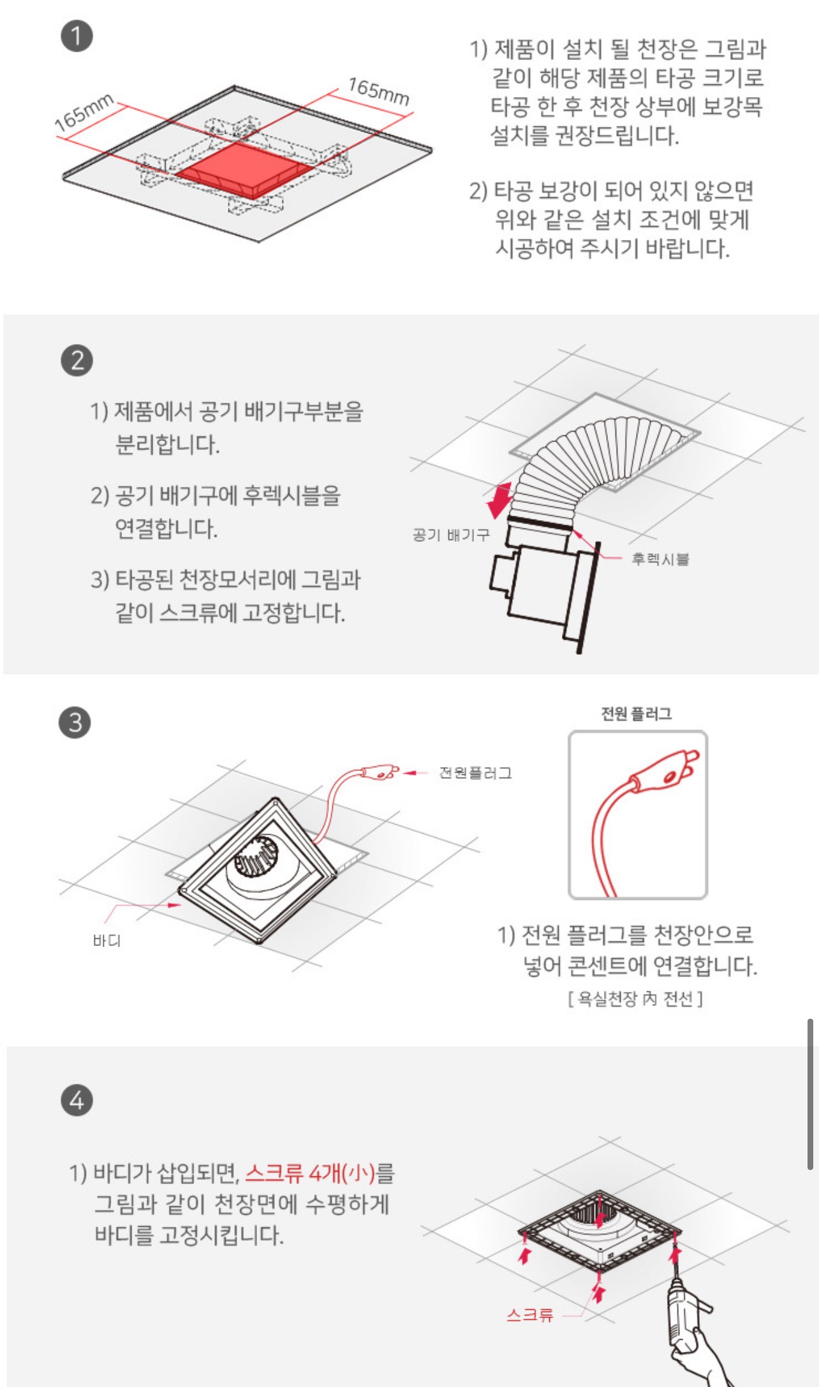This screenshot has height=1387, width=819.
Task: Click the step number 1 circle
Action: click(77, 36)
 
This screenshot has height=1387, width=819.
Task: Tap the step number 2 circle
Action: click(77, 360)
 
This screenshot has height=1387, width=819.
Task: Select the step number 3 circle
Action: click(75, 723)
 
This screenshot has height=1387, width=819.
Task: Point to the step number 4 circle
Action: click(77, 1100)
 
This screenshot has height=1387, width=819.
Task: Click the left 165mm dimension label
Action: click(84, 112)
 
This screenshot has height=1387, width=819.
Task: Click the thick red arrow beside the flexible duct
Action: click(499, 500)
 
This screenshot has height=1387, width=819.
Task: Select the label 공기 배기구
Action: click(451, 534)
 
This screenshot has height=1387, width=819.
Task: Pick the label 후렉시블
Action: click(660, 559)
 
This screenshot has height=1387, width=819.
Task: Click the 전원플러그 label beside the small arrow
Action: click(475, 773)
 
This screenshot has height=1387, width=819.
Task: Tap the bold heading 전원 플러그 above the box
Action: click(637, 714)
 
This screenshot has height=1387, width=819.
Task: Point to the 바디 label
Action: click(107, 940)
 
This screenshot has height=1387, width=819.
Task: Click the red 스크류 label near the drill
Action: click(529, 1314)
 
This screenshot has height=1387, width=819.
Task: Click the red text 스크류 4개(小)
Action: click(310, 1173)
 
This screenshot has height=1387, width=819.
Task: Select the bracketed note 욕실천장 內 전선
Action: click(635, 998)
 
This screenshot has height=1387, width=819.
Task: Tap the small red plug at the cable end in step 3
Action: click(380, 772)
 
